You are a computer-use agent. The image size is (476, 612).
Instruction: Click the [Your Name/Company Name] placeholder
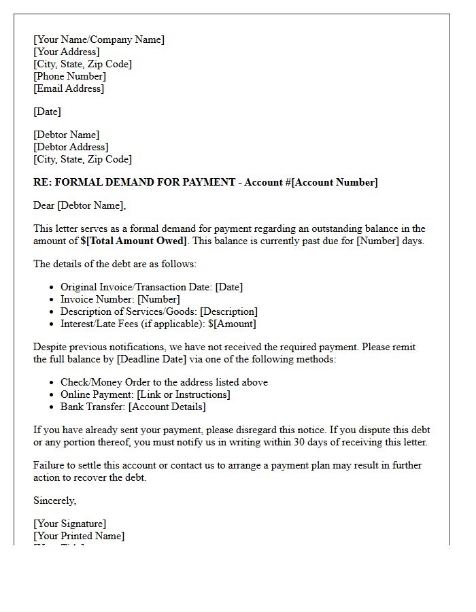click(99, 39)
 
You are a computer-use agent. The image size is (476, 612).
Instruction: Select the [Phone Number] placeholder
click(69, 76)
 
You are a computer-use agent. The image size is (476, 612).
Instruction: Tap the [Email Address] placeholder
click(69, 88)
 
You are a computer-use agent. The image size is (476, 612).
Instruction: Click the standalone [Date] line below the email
click(47, 112)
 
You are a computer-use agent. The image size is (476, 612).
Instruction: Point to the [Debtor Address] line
click(71, 147)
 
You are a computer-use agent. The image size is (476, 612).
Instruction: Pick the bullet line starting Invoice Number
click(120, 299)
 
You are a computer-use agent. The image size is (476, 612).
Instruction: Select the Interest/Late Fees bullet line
click(158, 324)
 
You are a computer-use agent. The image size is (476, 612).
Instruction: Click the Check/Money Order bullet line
click(164, 382)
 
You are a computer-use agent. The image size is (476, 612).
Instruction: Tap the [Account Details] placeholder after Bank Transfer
click(167, 407)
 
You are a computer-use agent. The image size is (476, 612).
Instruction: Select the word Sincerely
click(54, 500)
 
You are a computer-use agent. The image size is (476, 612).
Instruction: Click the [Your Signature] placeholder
click(69, 524)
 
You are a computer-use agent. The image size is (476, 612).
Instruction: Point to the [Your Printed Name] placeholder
click(79, 536)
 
